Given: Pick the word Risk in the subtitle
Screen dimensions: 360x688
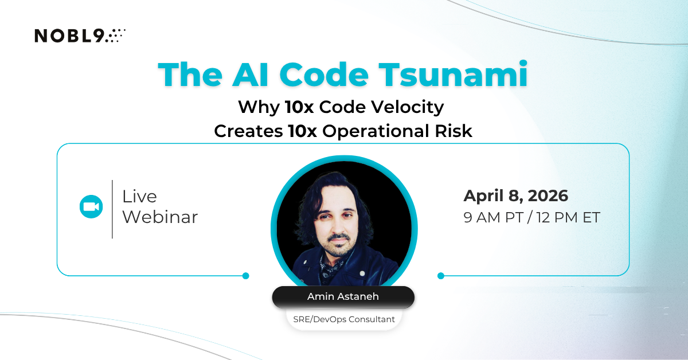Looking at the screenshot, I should (x=452, y=131).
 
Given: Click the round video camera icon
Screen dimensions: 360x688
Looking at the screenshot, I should (x=91, y=207).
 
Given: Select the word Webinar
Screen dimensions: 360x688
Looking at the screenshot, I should (x=160, y=217).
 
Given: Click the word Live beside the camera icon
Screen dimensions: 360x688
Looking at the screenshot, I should (x=139, y=197).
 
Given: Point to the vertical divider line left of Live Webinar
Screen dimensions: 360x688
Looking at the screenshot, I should (x=112, y=209).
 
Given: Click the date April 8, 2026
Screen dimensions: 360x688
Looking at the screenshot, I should (x=515, y=196).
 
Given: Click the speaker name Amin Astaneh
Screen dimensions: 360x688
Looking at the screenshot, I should (x=343, y=297).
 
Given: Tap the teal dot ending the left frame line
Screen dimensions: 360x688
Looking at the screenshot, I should (x=245, y=276).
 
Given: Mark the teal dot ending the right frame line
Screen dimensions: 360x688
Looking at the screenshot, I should (x=440, y=276).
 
